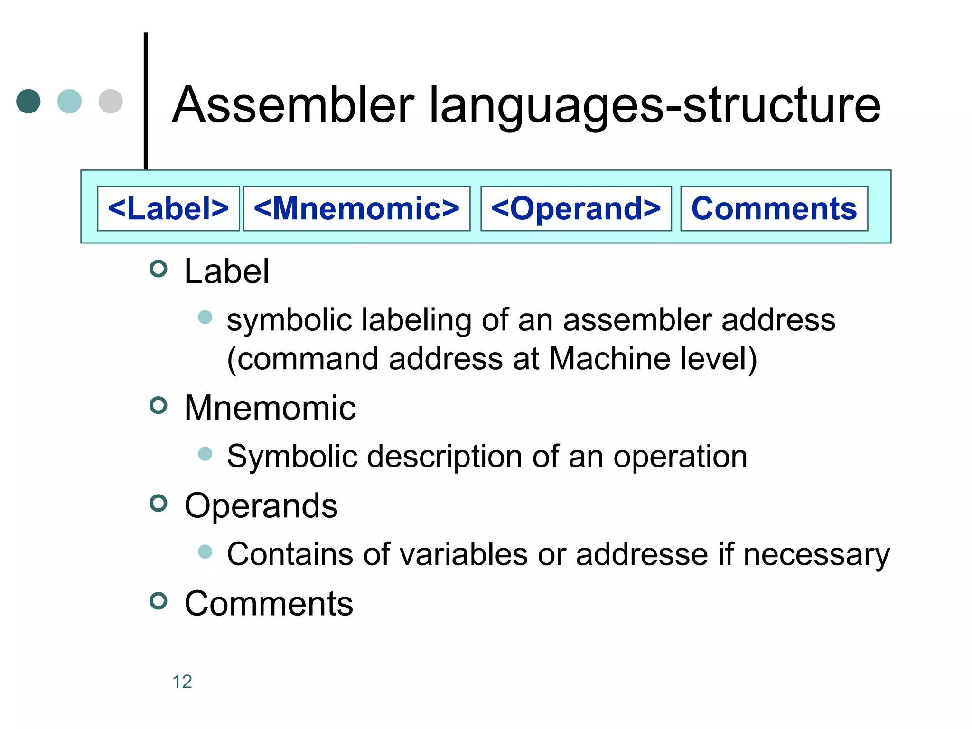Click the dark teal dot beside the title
(28, 101)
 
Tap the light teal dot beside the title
(69, 101)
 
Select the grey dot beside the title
(111, 101)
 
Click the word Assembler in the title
(293, 105)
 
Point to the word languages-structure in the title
(654, 107)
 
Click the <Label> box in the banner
(168, 208)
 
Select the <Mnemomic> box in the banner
(356, 208)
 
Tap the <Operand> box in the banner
(576, 208)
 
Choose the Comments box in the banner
(774, 208)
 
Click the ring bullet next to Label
(159, 269)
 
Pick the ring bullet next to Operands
(159, 503)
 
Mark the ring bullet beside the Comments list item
(159, 601)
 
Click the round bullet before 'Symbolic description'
(205, 454)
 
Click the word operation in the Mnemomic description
(680, 457)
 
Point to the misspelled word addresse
(642, 554)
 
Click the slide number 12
(182, 682)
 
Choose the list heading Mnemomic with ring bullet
(270, 408)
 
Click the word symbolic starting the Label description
(289, 320)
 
